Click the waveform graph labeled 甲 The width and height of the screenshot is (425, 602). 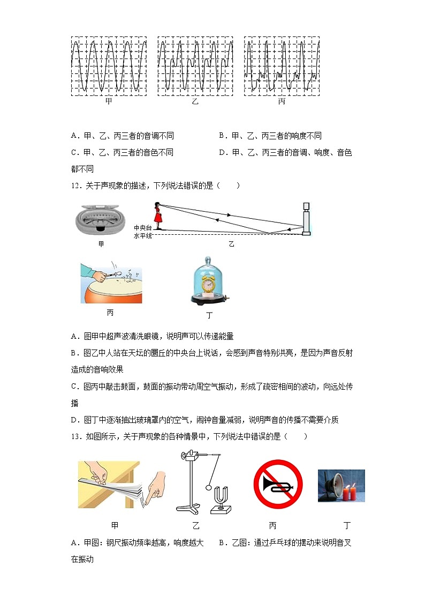tap(109, 66)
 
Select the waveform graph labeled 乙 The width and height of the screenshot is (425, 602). tap(195, 66)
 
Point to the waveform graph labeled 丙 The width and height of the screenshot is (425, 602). tap(282, 66)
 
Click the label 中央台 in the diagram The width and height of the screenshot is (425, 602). tap(143, 228)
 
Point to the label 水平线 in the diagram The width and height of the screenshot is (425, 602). tap(143, 235)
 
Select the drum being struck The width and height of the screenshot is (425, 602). tap(111, 289)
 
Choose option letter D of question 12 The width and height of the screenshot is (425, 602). tap(74, 420)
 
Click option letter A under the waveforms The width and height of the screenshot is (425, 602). tap(74, 136)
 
